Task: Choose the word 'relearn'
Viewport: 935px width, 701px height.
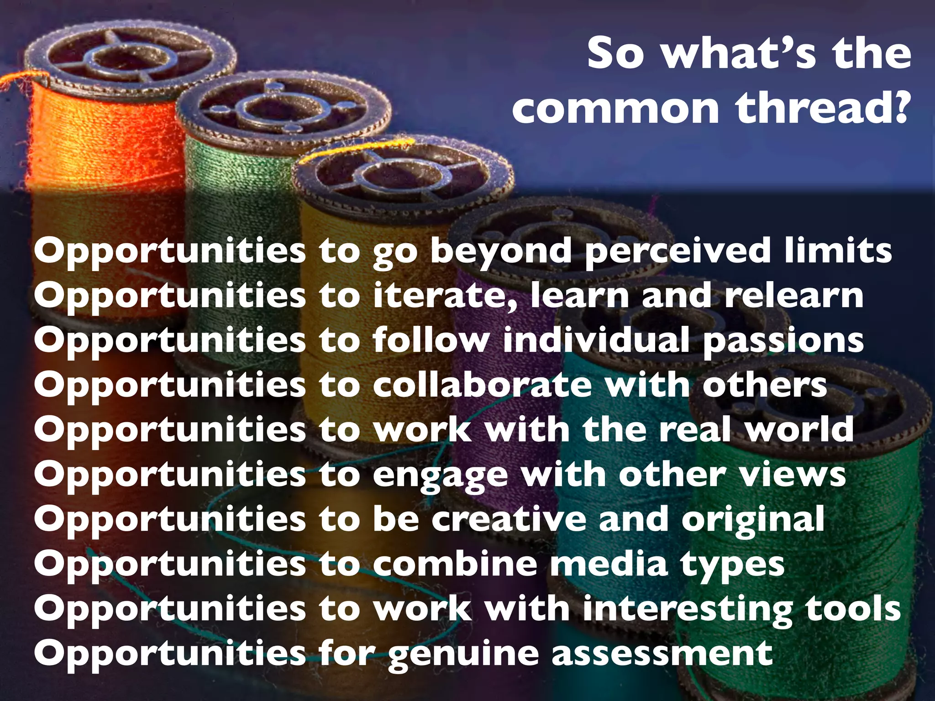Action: pos(794,296)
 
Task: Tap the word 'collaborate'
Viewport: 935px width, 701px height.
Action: pos(482,385)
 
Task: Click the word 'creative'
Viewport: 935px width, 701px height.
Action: pos(509,519)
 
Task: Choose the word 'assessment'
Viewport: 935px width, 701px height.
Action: pos(662,654)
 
